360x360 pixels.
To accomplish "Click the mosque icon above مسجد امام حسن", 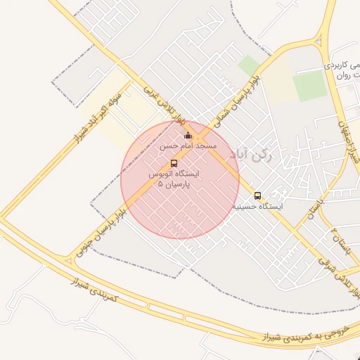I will [x=188, y=136].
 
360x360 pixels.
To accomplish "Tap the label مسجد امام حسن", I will [x=188, y=146].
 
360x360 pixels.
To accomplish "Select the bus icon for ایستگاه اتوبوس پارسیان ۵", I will [x=174, y=163].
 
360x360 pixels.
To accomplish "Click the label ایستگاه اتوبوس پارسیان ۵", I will [x=174, y=178].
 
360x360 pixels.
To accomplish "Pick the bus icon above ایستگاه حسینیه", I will [x=257, y=196].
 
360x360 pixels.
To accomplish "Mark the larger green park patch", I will [x=310, y=86].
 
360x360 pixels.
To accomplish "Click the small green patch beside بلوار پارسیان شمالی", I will [x=248, y=66].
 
